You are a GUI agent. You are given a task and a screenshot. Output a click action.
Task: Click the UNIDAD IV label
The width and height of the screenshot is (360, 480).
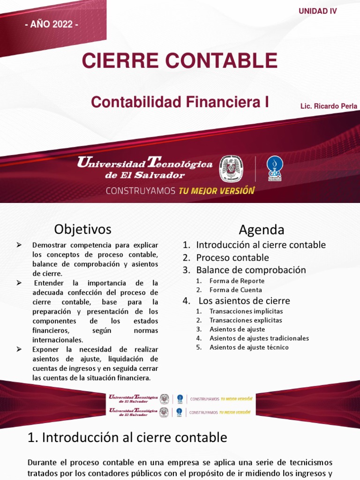318,11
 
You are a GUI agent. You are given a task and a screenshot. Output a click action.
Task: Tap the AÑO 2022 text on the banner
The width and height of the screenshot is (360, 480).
52,24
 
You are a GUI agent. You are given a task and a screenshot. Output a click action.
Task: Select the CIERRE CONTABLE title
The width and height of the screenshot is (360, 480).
180,60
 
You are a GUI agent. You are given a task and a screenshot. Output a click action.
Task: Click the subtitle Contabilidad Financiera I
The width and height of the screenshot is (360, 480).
180,102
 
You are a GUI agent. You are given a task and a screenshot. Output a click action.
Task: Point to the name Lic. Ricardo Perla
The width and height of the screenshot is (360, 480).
329,106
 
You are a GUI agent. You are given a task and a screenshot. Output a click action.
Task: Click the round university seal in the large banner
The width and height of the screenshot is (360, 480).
231,169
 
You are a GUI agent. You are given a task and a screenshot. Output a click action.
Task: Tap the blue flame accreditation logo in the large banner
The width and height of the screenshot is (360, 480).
275,168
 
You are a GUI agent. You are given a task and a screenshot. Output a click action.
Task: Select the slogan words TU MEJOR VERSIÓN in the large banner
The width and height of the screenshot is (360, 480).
216,191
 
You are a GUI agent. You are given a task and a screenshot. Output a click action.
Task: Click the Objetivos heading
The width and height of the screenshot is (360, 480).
82,229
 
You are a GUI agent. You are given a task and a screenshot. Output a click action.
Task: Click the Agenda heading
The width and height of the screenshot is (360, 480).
261,230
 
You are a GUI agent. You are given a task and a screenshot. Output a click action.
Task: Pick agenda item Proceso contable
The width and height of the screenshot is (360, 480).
232,257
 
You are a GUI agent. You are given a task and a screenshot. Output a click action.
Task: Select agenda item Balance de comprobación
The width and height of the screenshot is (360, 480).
251,270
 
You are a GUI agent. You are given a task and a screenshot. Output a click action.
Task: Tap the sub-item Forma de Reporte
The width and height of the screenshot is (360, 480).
237,281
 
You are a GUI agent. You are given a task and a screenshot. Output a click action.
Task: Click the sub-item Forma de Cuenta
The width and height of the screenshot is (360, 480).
236,290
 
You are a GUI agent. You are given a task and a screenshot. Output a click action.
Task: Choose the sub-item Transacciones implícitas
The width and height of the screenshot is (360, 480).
246,311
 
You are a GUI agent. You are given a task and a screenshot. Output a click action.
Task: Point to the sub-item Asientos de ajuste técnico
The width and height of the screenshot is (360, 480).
249,347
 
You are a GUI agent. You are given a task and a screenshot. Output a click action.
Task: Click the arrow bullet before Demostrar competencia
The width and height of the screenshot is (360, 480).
19,245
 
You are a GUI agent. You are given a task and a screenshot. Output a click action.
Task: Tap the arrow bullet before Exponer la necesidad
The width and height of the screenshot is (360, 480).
19,349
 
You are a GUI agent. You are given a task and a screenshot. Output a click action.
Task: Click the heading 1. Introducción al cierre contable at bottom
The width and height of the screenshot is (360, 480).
127,438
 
